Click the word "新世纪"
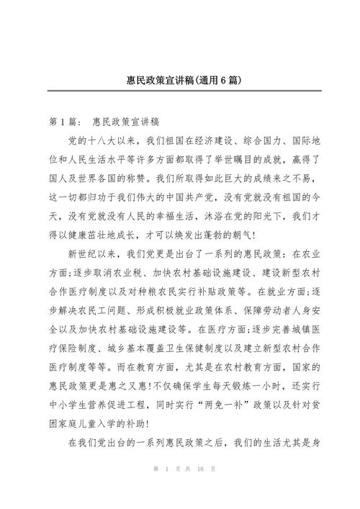[x=84, y=254]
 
